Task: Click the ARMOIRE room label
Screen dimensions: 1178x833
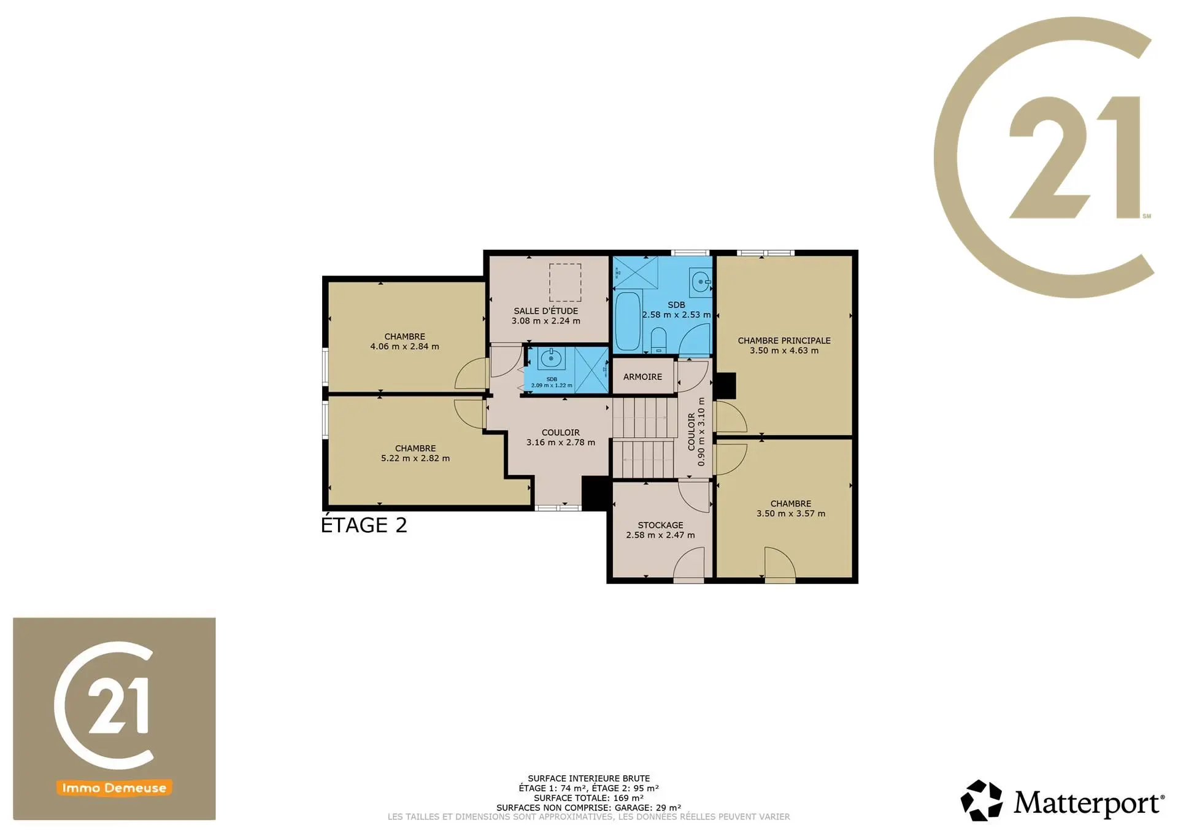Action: tap(642, 377)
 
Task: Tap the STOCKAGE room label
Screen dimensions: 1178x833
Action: tap(660, 525)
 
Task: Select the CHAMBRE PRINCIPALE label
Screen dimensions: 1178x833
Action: tap(784, 341)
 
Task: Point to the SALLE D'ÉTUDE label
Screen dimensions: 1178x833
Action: tap(546, 311)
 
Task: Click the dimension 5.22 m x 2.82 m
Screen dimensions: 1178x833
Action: tap(415, 458)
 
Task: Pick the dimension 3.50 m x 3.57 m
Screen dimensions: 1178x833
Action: tap(791, 513)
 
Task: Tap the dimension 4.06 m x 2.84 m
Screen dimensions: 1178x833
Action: tap(404, 346)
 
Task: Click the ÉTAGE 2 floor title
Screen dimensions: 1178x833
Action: tap(364, 525)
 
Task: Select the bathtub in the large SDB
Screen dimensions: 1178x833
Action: tap(628, 320)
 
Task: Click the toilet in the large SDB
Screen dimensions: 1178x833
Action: tap(658, 340)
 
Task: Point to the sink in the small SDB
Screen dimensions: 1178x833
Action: tap(551, 358)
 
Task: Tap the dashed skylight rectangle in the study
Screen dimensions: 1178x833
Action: tap(565, 282)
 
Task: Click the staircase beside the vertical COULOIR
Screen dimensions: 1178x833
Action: tap(644, 438)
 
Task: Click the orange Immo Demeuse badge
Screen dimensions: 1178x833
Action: tap(114, 788)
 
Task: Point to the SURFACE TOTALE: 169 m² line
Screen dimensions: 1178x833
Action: tap(588, 798)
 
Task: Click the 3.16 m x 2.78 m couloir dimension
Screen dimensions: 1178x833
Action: tap(561, 442)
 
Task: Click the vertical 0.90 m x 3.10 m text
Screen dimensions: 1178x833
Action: tap(701, 432)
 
